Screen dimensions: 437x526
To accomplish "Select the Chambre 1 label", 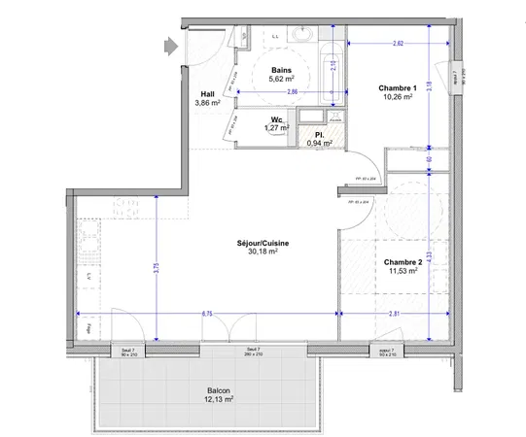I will tap(396, 88).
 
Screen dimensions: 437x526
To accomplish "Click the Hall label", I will tap(207, 93).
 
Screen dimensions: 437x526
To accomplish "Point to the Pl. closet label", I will tap(320, 134).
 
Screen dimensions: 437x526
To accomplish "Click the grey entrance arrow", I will tap(170, 45).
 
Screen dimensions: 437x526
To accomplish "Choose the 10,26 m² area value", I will tap(396, 98).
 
